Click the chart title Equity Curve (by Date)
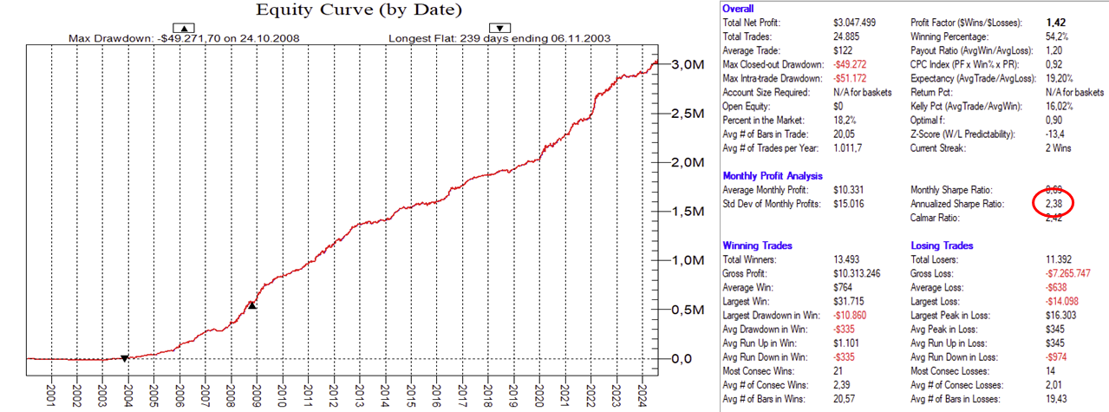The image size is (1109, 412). click(359, 11)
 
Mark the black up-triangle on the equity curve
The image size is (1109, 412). click(251, 304)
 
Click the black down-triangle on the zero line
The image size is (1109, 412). click(125, 358)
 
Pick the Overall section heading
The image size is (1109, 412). click(738, 8)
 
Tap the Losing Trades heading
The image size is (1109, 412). click(942, 245)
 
